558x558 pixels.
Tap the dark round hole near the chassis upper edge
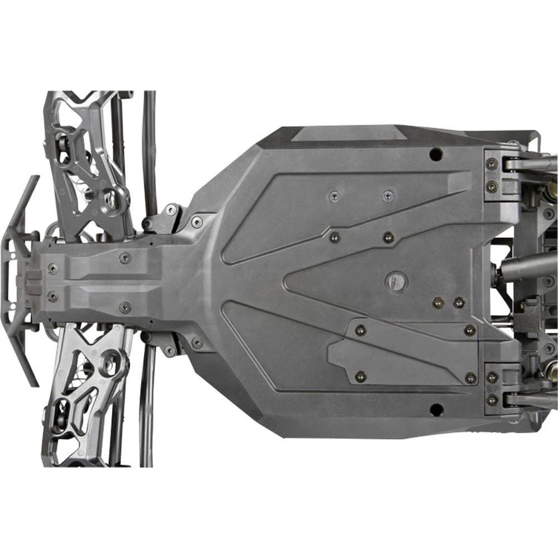(x=436, y=153)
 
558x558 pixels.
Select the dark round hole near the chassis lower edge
(x=436, y=410)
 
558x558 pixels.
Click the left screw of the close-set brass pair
(x=438, y=302)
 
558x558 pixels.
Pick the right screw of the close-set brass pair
(x=459, y=302)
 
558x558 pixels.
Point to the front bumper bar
(x=22, y=279)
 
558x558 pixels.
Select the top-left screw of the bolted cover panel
(x=360, y=330)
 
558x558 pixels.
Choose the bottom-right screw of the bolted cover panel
(x=470, y=378)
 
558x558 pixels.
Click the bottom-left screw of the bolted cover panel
(x=360, y=377)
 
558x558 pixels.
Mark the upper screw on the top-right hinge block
(x=492, y=165)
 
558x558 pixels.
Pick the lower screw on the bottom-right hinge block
(x=492, y=400)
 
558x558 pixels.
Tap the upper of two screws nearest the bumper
(x=52, y=268)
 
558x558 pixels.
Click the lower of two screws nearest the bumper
(x=52, y=296)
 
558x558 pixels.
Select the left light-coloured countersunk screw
(x=334, y=196)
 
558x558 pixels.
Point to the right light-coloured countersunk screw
(x=388, y=196)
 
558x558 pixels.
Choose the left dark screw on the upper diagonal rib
(x=335, y=237)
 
